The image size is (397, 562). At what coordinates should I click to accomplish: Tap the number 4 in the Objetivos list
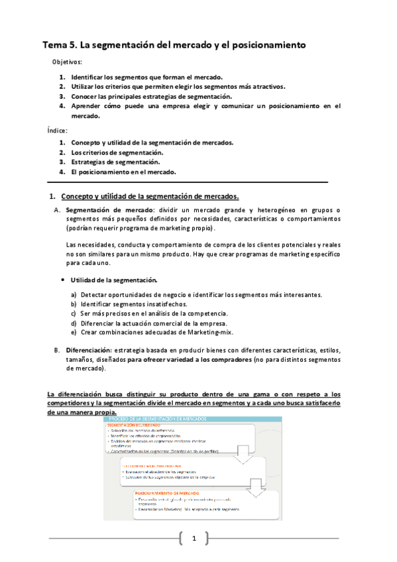coord(61,105)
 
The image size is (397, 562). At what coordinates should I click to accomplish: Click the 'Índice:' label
coord(58,130)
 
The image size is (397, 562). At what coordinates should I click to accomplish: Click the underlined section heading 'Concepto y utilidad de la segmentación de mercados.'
coord(149,196)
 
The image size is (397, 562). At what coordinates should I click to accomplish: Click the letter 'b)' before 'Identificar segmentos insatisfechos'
coord(74,304)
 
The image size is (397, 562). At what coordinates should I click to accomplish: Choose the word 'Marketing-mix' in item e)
coord(211,332)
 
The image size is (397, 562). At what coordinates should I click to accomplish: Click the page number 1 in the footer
coord(195,538)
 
